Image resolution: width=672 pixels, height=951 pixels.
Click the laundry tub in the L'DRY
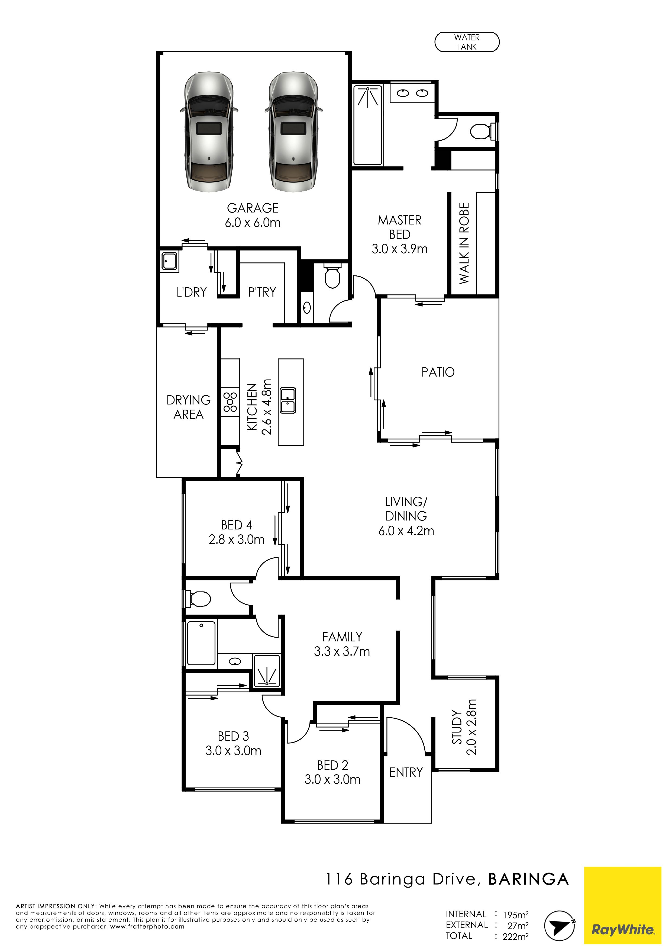pos(170,262)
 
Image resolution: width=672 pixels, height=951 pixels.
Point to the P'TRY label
pos(262,292)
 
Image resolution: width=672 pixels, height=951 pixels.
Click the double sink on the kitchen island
pos(288,400)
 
